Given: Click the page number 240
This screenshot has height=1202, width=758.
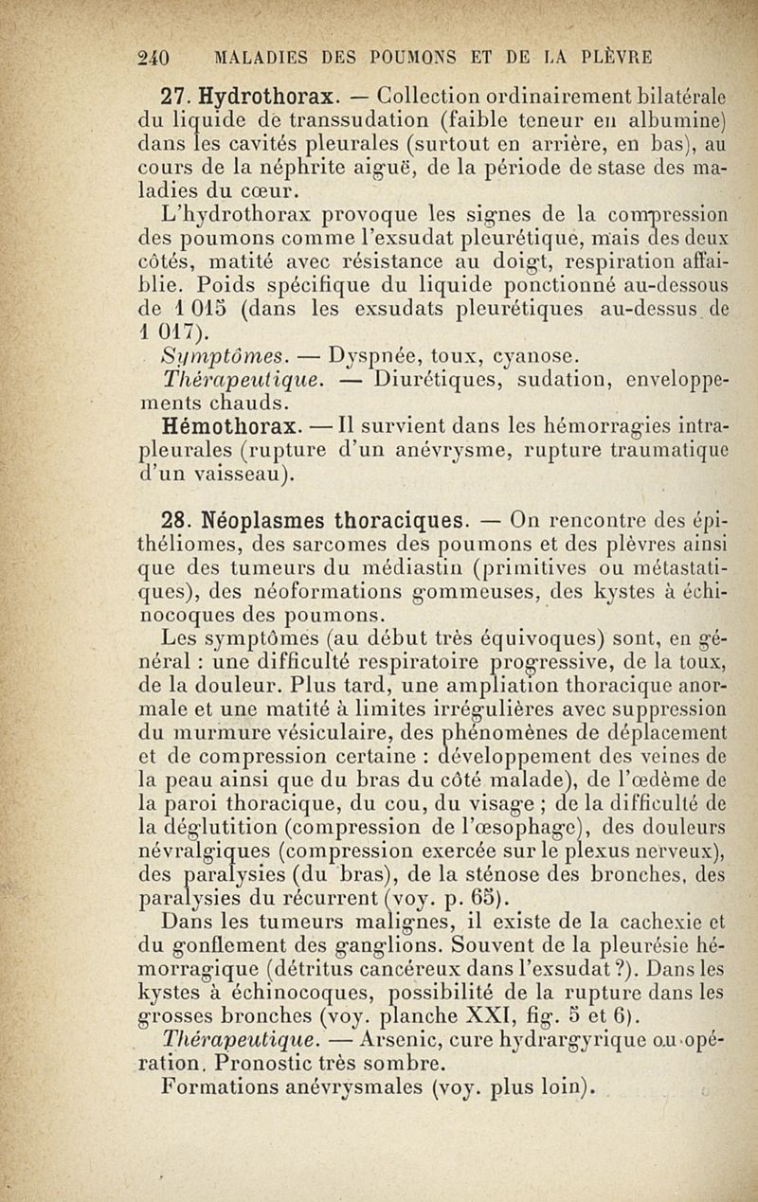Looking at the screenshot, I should point(153,56).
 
